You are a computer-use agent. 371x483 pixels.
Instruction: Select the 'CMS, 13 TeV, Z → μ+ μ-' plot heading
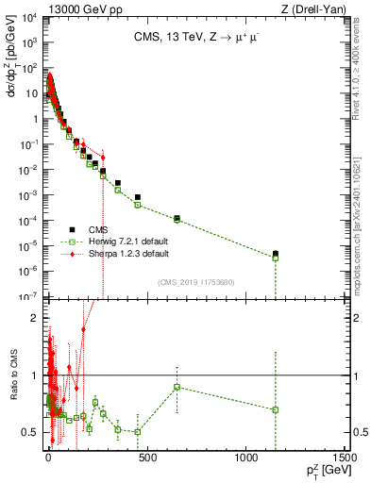point(196,39)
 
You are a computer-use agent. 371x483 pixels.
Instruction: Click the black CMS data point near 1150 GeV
point(275,254)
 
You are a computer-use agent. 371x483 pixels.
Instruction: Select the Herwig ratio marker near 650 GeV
point(177,387)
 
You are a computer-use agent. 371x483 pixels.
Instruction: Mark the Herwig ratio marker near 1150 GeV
point(275,409)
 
